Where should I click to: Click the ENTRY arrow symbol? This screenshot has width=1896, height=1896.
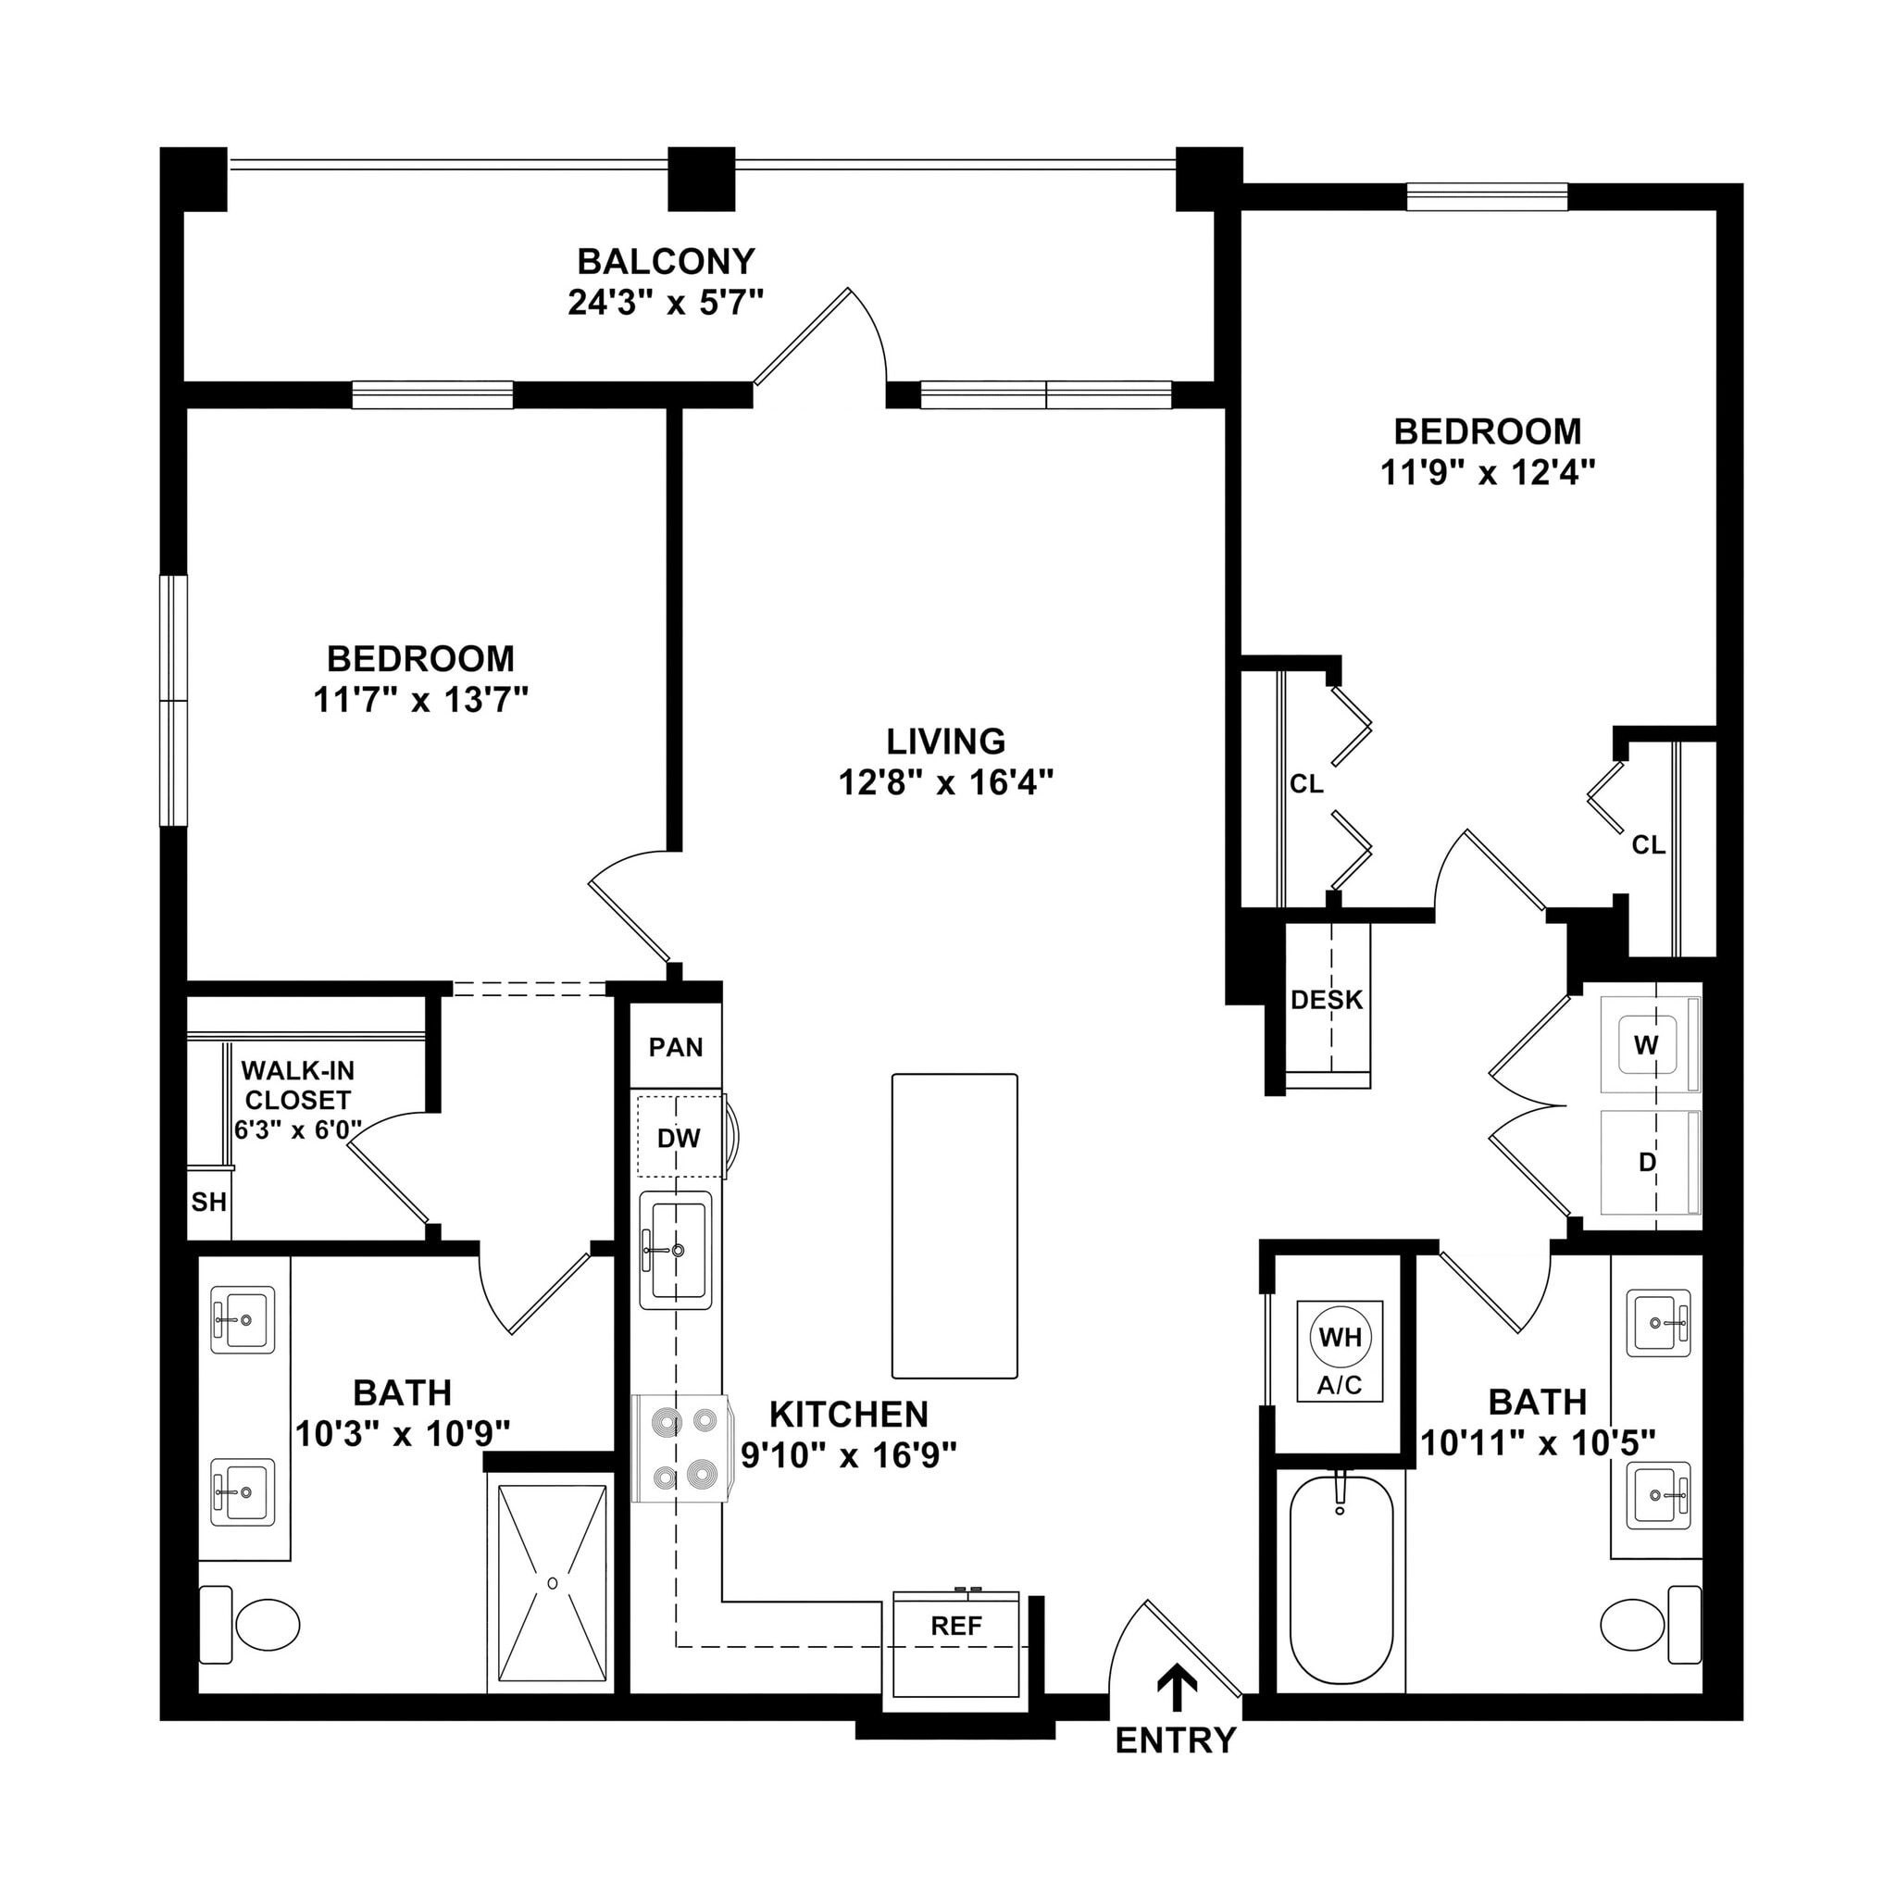point(1177,1684)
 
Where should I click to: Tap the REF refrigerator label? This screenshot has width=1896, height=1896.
point(955,1626)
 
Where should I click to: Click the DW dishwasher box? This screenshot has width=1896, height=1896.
point(680,1139)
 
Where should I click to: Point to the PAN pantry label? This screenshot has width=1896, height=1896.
point(676,1047)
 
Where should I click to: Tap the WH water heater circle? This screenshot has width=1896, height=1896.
point(1340,1337)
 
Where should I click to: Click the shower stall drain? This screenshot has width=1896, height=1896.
point(553,1583)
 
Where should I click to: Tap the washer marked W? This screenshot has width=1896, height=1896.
point(1646,1045)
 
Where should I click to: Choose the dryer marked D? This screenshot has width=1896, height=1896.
point(1648,1163)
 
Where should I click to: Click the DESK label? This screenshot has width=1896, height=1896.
point(1327,1000)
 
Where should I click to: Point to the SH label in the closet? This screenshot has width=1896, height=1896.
point(209,1203)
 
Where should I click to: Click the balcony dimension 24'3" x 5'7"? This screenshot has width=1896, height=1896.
point(666,302)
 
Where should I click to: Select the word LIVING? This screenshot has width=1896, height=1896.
point(946,741)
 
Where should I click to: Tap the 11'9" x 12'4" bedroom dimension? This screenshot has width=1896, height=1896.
point(1488,473)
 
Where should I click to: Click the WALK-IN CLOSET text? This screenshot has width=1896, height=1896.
point(297,1084)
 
